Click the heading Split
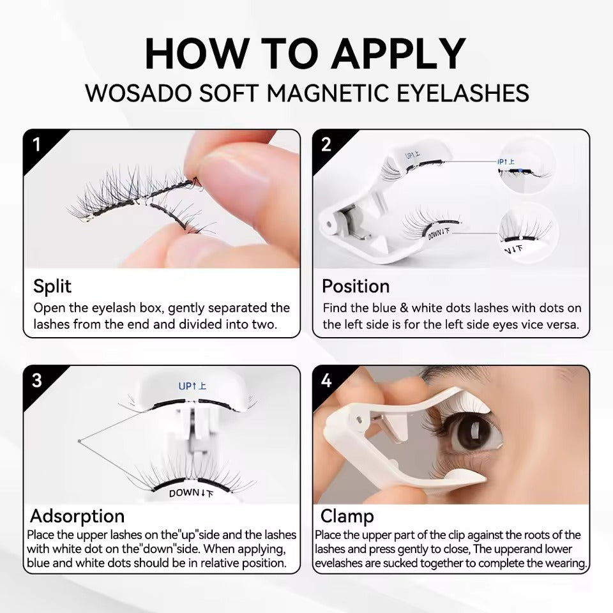pos(52,285)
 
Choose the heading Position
pos(355,285)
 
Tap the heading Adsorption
pos(77,515)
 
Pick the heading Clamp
pos(347,515)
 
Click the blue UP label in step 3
pos(192,386)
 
